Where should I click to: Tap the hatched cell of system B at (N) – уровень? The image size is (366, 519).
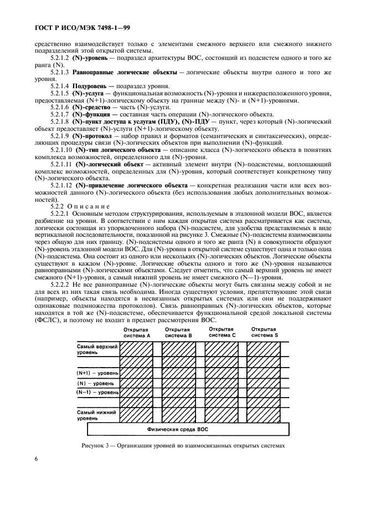tap(178, 383)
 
